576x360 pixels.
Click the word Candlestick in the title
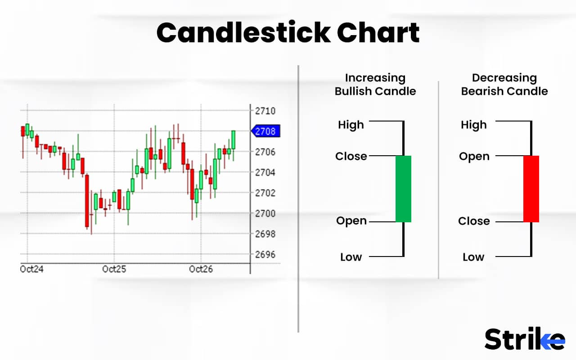pos(243,33)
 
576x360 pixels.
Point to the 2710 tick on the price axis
pos(265,111)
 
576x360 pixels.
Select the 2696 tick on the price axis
pos(265,254)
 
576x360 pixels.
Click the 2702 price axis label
pos(265,193)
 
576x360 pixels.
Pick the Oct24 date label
pos(32,269)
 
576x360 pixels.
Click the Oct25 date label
pos(114,269)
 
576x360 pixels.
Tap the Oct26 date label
pos(201,269)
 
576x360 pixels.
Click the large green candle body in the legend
pos(403,189)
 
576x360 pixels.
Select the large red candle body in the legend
pos(531,189)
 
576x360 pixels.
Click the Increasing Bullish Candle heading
pos(375,85)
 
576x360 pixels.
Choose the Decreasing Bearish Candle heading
pos(504,85)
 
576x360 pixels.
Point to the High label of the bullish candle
pos(351,125)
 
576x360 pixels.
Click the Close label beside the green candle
pos(351,156)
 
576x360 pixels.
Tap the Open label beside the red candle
pos(474,156)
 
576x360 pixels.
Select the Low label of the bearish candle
pos(473,257)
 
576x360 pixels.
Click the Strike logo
pos(524,339)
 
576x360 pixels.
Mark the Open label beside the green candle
pos(351,221)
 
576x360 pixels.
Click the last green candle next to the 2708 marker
pos(234,140)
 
